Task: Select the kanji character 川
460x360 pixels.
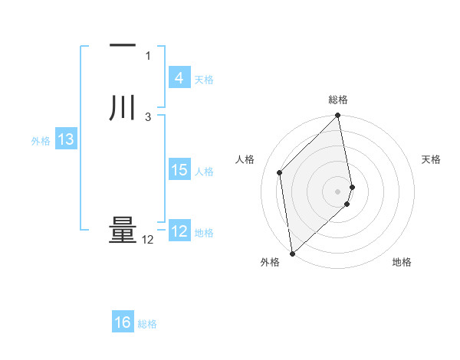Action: point(122,107)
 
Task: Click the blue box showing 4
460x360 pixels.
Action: point(179,78)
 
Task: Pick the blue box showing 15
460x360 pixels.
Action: point(179,170)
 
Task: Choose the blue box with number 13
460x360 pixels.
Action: point(65,139)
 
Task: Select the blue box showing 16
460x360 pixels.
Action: point(122,322)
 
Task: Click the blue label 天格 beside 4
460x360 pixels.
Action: point(204,79)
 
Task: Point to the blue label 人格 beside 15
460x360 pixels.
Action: point(205,171)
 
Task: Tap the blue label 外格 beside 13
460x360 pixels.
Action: point(40,140)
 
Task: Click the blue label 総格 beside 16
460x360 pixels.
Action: point(147,323)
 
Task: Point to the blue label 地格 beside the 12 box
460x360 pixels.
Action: point(204,232)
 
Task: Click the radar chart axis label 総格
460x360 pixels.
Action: point(338,100)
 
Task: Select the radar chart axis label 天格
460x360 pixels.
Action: point(431,159)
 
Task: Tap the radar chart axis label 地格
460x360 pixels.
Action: point(402,263)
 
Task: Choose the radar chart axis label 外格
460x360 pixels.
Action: point(270,263)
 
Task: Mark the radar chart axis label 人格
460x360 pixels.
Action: point(245,159)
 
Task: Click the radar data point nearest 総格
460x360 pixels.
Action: point(338,116)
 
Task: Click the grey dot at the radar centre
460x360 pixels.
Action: point(338,191)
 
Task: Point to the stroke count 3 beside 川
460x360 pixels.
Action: point(147,116)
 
